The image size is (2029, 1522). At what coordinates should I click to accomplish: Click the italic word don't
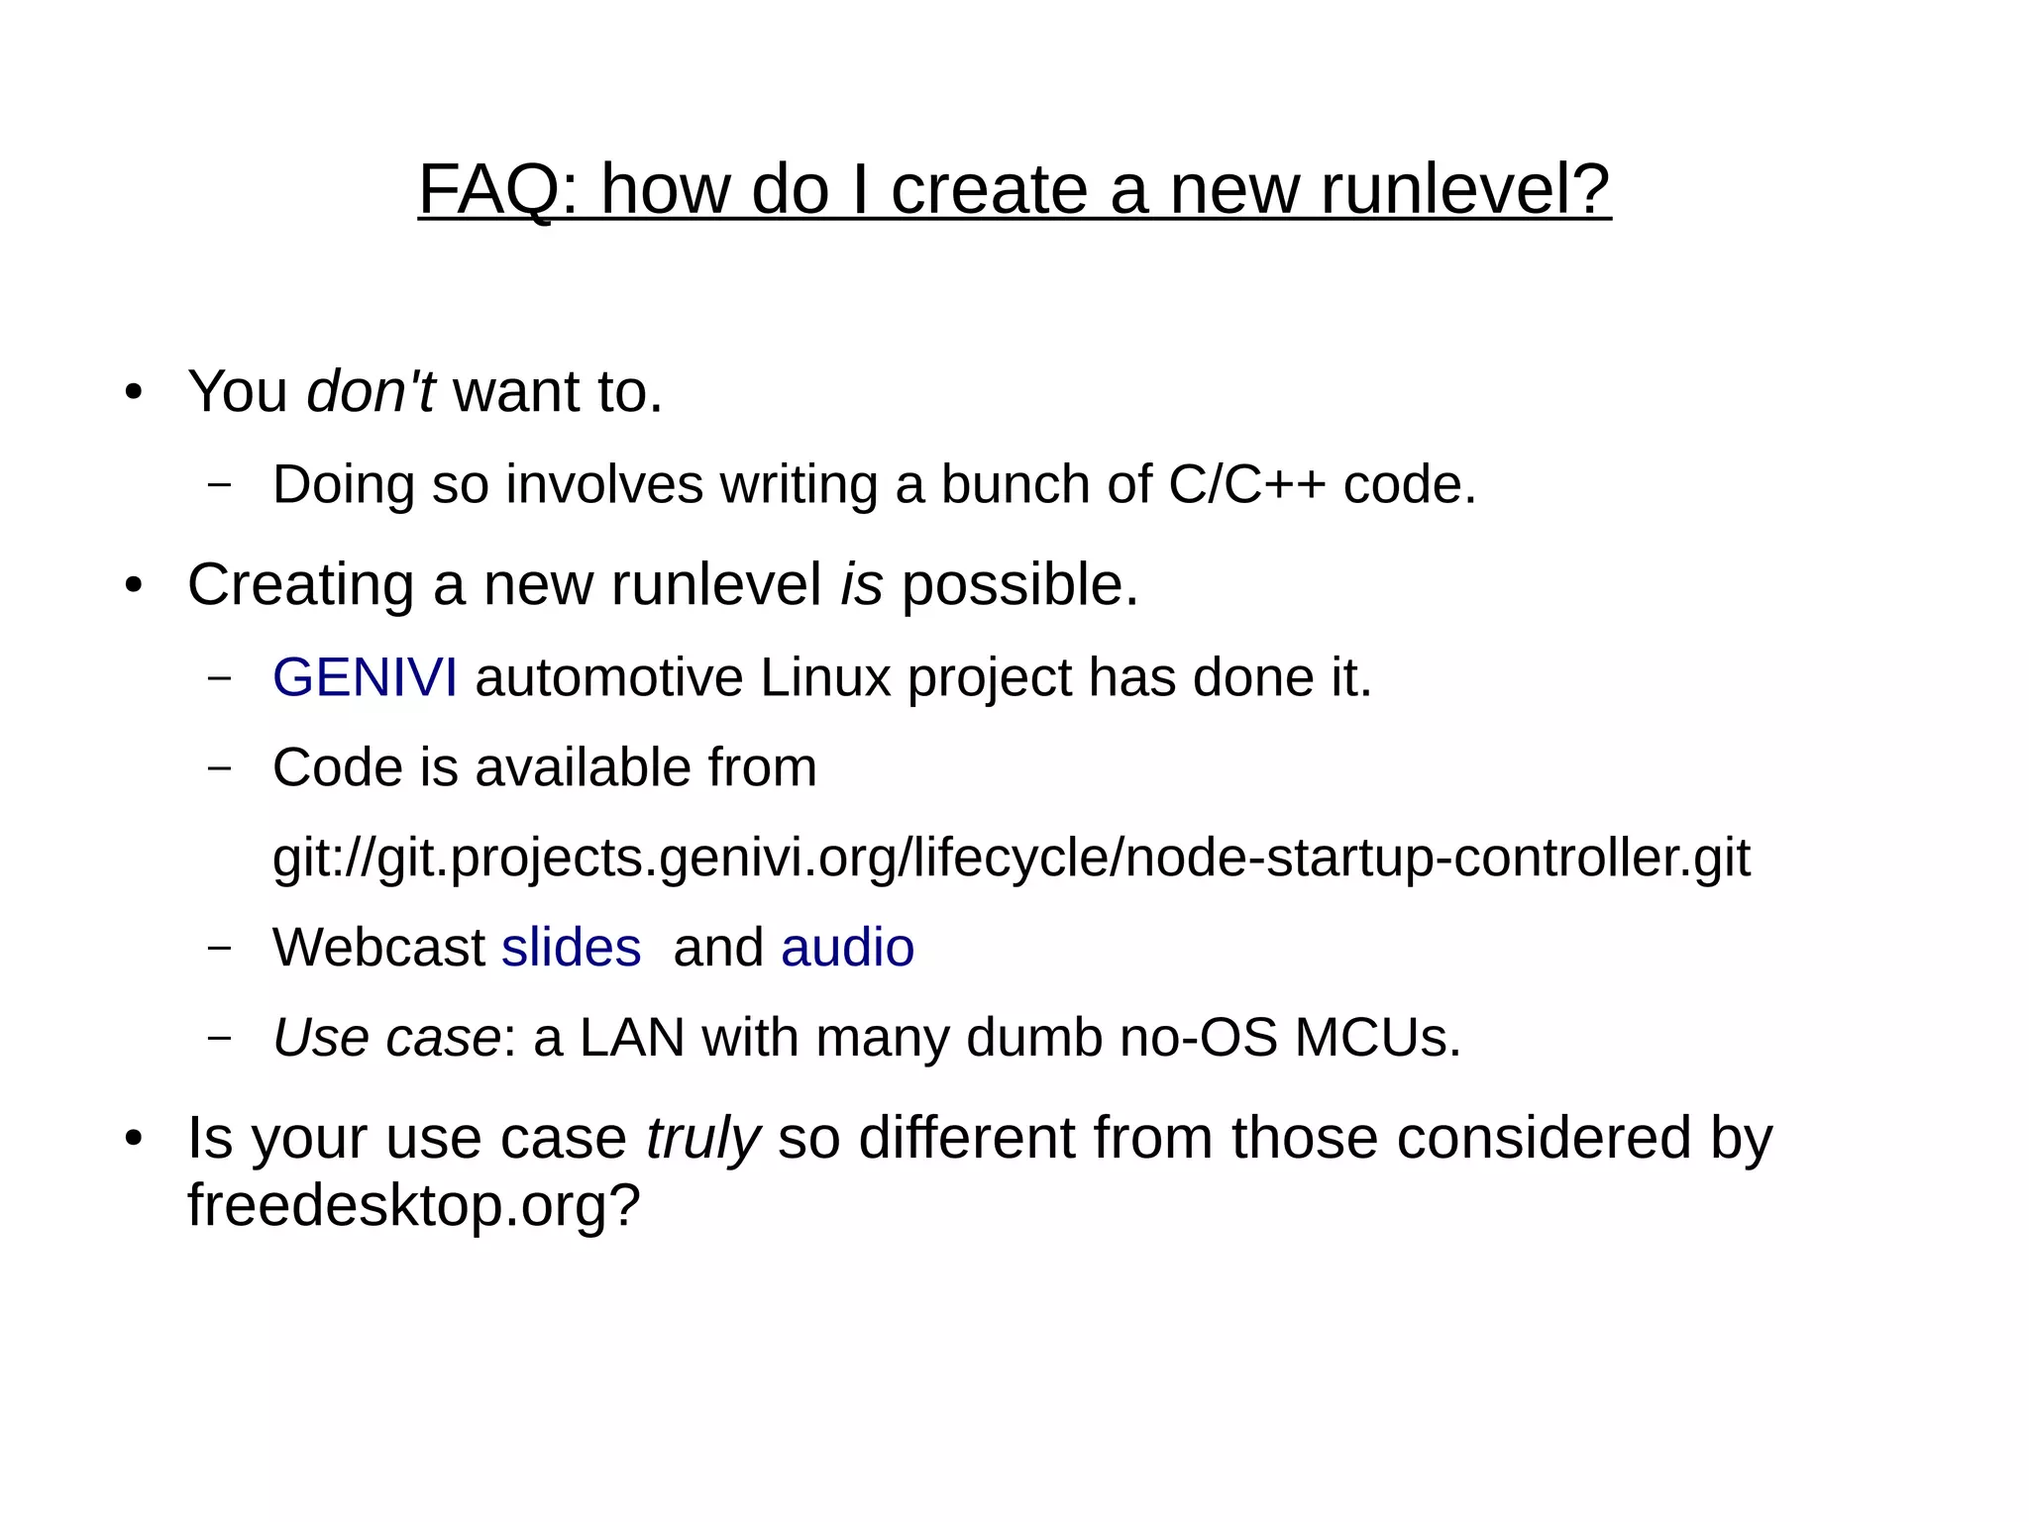(371, 391)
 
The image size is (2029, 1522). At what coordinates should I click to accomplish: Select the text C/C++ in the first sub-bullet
(1246, 485)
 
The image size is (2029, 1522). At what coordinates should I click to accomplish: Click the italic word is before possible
(861, 584)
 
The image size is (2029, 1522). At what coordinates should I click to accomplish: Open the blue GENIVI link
(365, 678)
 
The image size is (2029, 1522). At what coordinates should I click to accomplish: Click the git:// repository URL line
(1011, 858)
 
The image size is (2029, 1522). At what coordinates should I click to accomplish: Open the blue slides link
(571, 948)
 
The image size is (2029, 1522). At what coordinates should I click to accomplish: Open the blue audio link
(847, 948)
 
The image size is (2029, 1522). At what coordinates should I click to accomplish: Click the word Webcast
(378, 948)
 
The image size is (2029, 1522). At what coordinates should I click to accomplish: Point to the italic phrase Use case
(386, 1038)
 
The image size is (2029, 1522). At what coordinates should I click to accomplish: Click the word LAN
(631, 1038)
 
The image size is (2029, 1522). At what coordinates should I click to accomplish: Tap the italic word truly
(702, 1138)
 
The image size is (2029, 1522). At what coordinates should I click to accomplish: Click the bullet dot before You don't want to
(134, 392)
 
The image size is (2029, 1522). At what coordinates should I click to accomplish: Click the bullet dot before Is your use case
(134, 1139)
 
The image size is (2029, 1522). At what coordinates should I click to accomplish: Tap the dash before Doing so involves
(220, 485)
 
